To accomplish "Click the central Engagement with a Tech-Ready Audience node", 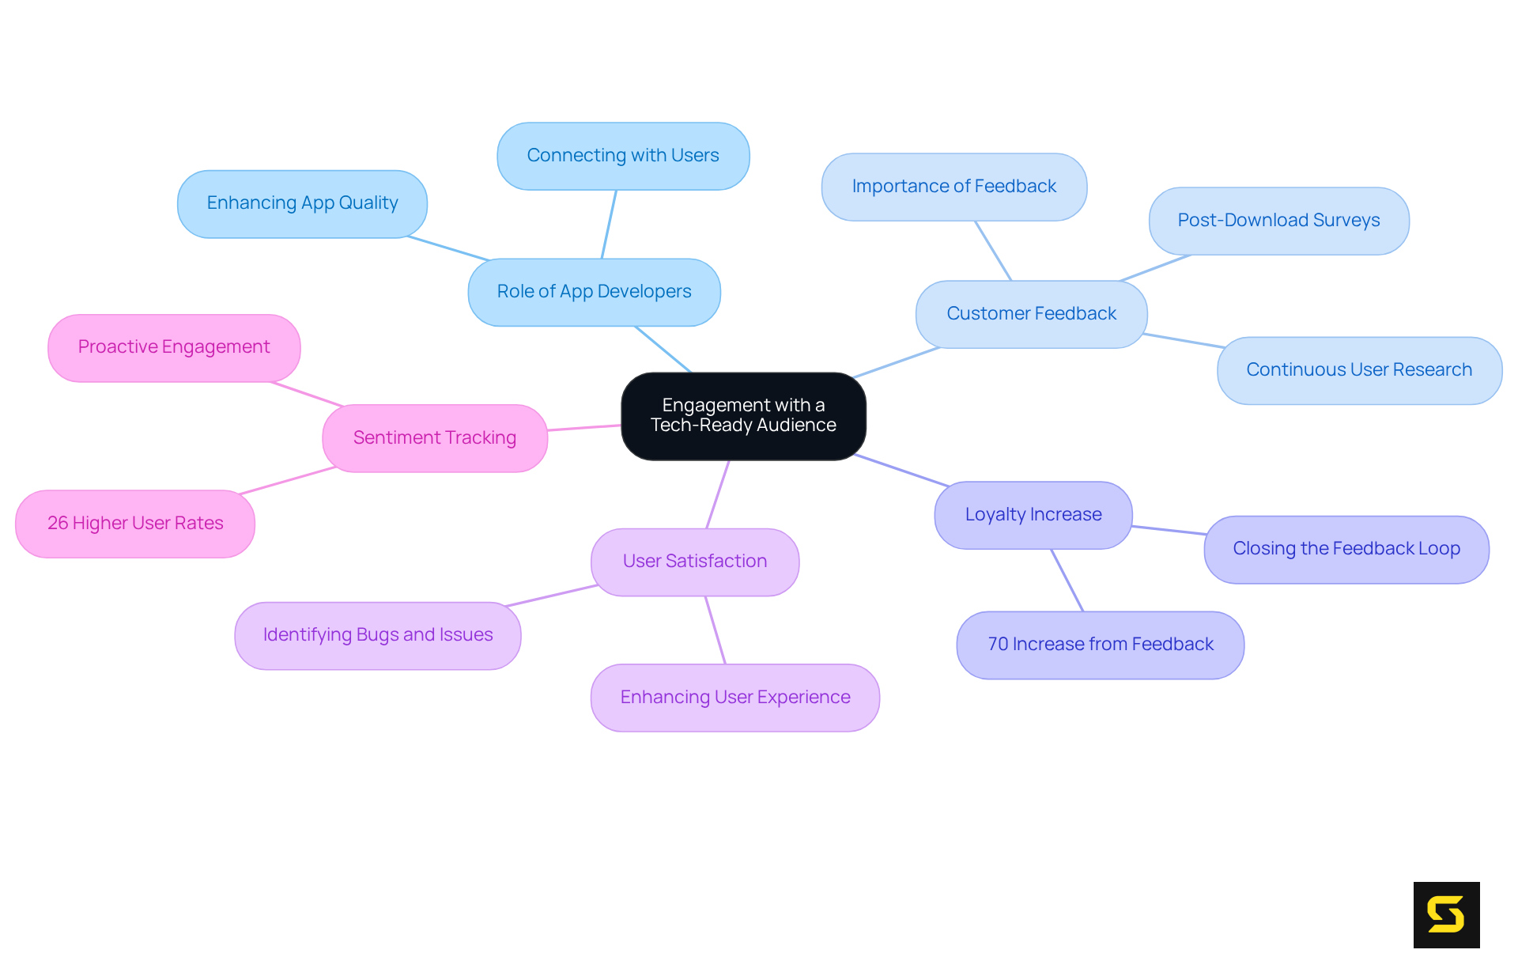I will coord(743,416).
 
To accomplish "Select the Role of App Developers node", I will coord(594,292).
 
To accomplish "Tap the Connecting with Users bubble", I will coord(623,156).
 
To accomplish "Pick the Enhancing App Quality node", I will coord(302,203).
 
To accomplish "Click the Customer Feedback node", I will coord(1031,314).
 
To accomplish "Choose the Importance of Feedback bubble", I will coord(953,187).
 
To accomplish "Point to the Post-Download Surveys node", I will coord(1278,221).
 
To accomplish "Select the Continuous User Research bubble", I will coord(1358,370).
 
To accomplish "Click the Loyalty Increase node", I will coord(1033,515).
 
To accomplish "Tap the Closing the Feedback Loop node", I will coord(1346,549).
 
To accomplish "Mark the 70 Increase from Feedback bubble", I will coord(1100,645).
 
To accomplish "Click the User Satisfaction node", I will coord(694,562).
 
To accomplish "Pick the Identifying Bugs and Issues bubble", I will coord(377,635).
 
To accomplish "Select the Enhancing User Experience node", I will coord(734,698).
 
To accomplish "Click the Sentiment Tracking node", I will coord(434,438).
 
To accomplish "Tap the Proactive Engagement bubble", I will coord(173,347).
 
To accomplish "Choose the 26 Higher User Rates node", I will coord(134,524).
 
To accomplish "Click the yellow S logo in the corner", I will coord(1446,914).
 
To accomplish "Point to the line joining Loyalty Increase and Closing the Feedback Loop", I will coord(1169,530).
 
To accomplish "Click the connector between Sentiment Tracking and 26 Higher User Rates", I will coord(288,481).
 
